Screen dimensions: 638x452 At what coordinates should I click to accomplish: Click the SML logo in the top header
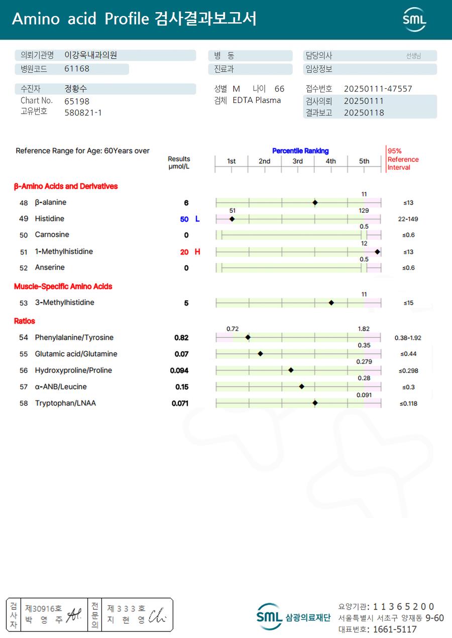(414, 20)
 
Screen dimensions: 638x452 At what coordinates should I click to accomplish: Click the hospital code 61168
(77, 69)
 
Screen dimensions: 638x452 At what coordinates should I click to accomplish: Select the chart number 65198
(77, 101)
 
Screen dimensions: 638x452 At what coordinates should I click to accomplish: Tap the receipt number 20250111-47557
(378, 89)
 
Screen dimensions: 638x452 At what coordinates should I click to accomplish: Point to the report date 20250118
(364, 113)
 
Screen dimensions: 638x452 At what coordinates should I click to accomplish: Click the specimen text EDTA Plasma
(257, 100)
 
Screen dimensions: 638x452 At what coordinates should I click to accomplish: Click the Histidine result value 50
(184, 219)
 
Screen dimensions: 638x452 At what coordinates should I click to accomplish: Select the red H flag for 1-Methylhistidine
(197, 252)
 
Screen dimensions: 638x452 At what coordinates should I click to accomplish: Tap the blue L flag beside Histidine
(197, 219)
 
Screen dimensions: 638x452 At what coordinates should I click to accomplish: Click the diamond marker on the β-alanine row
(315, 203)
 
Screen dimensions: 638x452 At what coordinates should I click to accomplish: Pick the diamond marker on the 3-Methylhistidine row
(331, 303)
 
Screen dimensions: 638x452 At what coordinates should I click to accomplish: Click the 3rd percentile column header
(298, 161)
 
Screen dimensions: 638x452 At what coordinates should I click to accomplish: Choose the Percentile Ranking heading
(300, 151)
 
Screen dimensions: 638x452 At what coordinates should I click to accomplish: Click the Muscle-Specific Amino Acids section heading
(63, 287)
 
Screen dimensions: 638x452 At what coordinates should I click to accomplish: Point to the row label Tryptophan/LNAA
(65, 403)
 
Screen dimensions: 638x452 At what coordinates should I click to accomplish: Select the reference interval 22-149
(408, 219)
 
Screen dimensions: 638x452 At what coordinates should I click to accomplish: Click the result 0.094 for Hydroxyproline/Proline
(179, 370)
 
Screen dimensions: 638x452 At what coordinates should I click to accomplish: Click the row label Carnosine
(52, 235)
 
